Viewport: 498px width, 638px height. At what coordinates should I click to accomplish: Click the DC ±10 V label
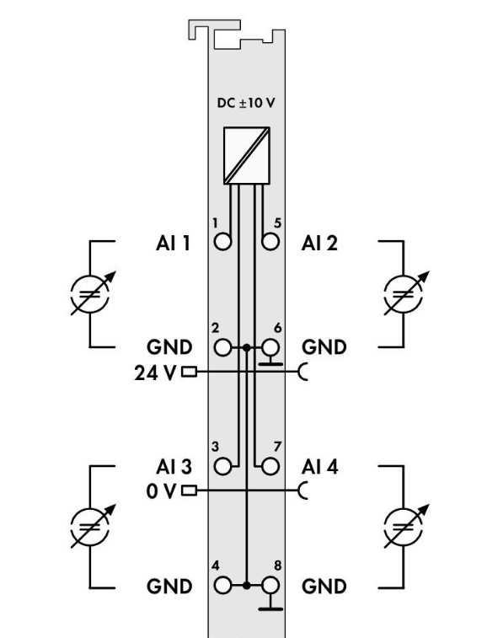click(246, 103)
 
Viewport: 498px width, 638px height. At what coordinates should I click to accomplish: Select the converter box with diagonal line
click(247, 155)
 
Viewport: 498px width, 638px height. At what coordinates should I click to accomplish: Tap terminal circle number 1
click(222, 242)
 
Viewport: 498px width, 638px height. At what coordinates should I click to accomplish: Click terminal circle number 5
click(270, 242)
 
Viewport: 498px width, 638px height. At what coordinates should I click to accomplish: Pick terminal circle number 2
click(222, 347)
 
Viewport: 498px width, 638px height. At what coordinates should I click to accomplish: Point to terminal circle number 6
click(270, 347)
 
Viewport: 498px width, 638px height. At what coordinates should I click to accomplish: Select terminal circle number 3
click(222, 466)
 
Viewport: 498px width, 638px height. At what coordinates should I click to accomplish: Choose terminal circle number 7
click(270, 466)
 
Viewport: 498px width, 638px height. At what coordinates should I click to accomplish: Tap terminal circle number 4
click(222, 586)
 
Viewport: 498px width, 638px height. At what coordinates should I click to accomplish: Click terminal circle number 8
click(270, 586)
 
